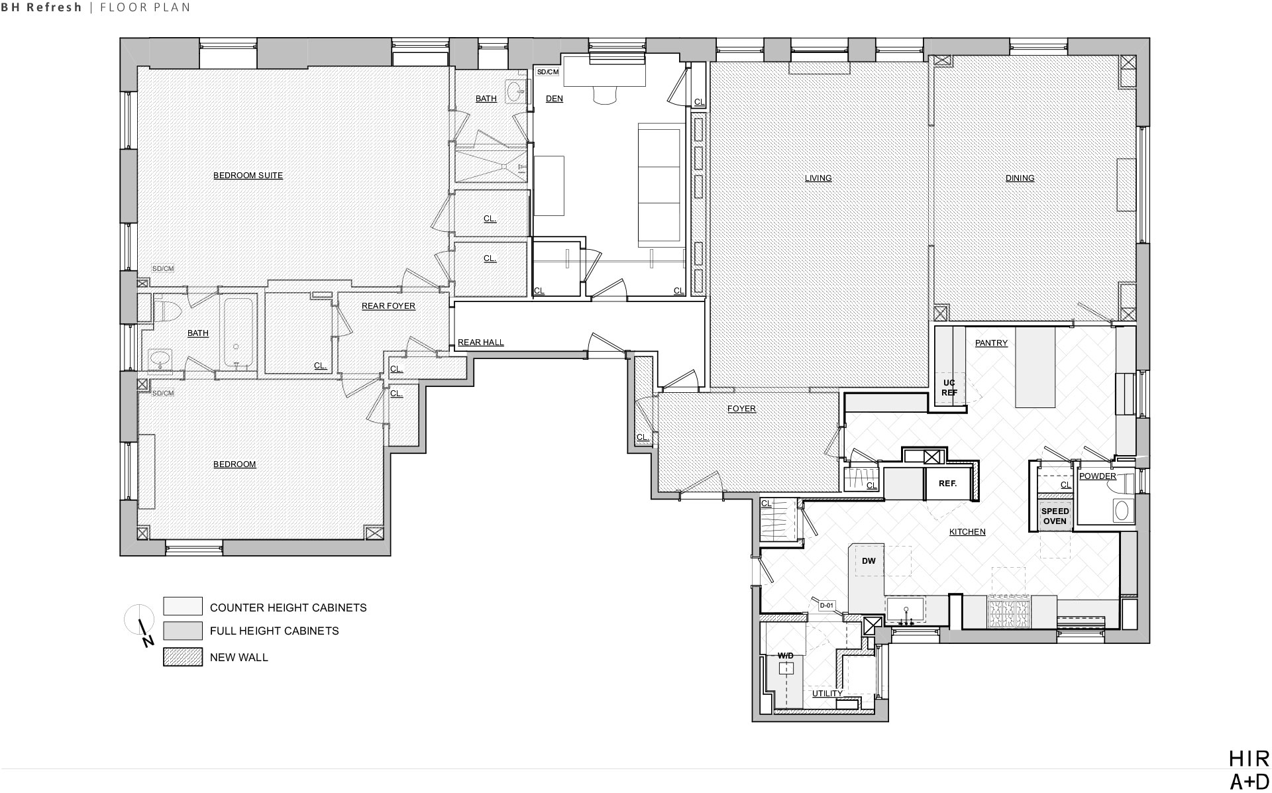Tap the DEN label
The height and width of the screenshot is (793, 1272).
[555, 99]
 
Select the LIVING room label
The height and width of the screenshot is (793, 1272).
[818, 178]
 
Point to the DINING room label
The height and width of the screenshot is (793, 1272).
[1020, 178]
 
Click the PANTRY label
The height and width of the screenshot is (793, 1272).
[991, 343]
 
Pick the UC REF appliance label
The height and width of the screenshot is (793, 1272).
[949, 388]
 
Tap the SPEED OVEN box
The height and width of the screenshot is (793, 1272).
[1055, 516]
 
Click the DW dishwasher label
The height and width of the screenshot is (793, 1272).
[869, 561]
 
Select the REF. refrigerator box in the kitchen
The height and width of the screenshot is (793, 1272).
[948, 484]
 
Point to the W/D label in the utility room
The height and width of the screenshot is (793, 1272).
[785, 656]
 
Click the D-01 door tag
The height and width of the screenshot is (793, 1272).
[826, 605]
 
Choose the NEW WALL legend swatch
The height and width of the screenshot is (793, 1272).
[183, 657]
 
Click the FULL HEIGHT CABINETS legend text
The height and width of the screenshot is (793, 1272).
[274, 631]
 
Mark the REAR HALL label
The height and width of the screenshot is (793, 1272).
[481, 343]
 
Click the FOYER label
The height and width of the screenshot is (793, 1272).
[741, 409]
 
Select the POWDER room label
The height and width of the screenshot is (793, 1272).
[1098, 476]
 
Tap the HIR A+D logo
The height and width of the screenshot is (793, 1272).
[1249, 770]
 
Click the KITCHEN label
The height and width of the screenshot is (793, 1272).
[967, 532]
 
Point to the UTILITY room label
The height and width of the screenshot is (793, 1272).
[827, 694]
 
